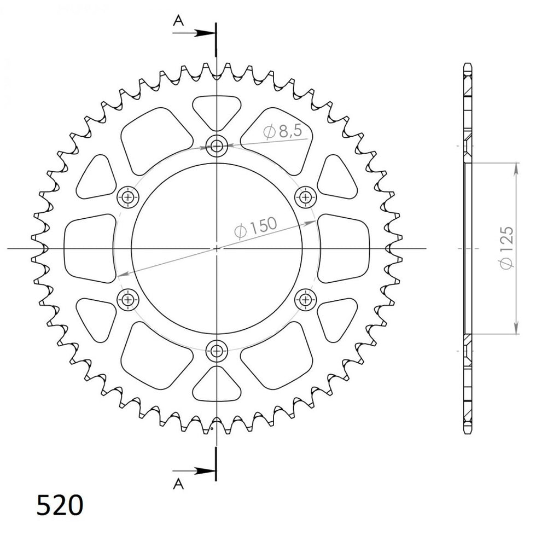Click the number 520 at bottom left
pos(60,505)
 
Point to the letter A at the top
pos(178,20)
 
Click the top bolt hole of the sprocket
pos(217,146)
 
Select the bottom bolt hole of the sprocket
pos(217,351)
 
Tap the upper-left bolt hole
pos(129,197)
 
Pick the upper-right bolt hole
pos(305,197)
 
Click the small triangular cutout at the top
pos(217,109)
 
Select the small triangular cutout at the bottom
pos(217,387)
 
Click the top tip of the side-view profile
pos(467,64)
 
